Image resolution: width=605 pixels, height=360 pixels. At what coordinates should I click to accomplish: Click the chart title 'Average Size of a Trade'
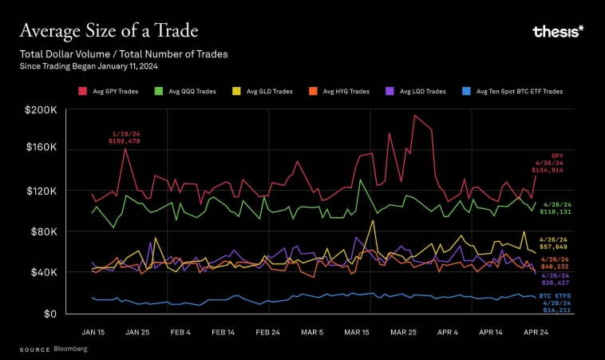pyautogui.click(x=109, y=31)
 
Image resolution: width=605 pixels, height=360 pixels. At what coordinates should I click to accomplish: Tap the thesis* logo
pyautogui.click(x=558, y=31)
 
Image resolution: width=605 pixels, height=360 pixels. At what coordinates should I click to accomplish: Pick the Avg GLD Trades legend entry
pyautogui.click(x=264, y=92)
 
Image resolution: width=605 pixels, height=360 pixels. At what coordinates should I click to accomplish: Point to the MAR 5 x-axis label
pyautogui.click(x=310, y=330)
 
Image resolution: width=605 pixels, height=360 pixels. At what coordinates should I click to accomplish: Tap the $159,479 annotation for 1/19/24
pyautogui.click(x=124, y=141)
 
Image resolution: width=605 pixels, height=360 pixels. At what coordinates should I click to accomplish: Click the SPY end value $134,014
pyautogui.click(x=548, y=170)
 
